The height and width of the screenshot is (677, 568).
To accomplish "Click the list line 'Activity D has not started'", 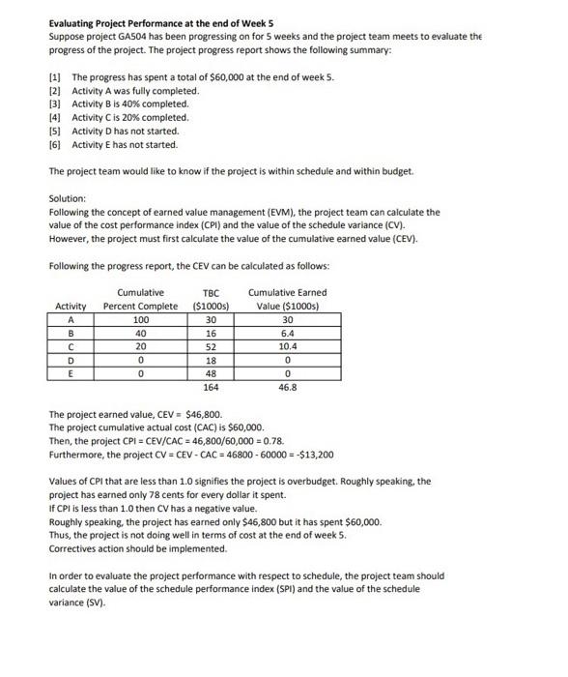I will point(126,131).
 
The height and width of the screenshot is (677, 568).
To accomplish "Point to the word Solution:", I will point(68,198).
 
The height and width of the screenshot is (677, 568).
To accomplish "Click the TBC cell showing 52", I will point(212,345).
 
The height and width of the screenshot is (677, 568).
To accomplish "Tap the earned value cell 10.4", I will point(287,345).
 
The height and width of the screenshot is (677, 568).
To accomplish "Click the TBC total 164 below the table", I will point(212,387).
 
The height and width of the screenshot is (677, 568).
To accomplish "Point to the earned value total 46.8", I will point(287,387).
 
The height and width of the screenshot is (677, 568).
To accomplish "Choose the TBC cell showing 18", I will point(212,359).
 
